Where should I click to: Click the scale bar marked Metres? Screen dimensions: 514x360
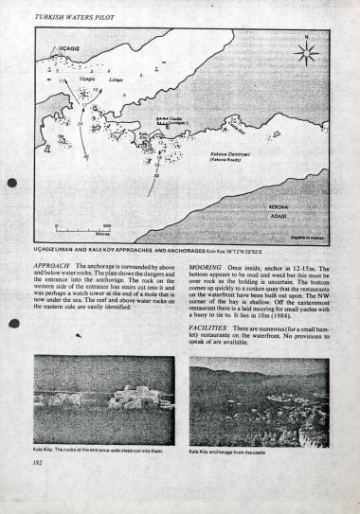[x=83, y=230]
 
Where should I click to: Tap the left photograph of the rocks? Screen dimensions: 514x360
[x=103, y=399]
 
